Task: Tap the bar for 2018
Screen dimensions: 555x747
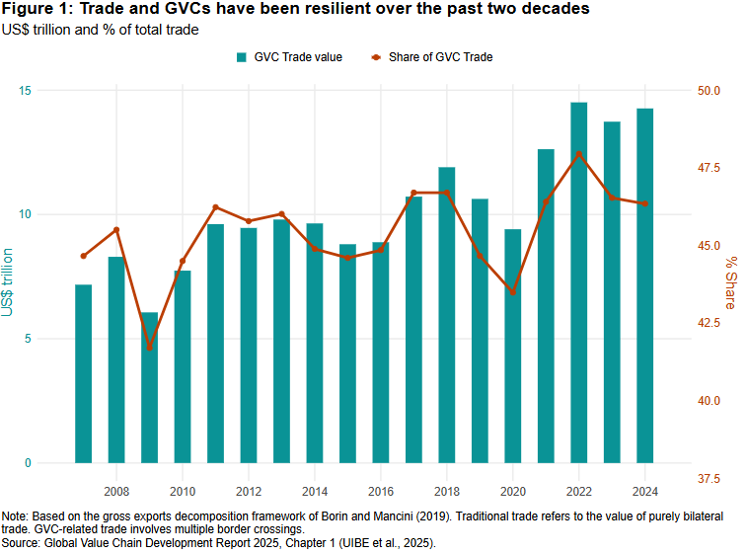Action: (x=447, y=315)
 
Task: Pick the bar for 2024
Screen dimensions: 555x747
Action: (x=645, y=285)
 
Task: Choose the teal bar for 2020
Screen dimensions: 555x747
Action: (x=513, y=346)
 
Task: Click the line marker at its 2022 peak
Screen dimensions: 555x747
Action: (x=579, y=154)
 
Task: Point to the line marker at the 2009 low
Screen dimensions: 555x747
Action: (x=149, y=348)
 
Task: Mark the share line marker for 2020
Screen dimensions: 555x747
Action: (x=513, y=292)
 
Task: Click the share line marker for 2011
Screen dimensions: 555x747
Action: (x=215, y=207)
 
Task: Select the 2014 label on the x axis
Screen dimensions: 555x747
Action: (x=315, y=491)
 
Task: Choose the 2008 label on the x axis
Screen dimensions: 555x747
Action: (x=116, y=491)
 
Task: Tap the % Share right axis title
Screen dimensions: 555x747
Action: (x=731, y=281)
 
